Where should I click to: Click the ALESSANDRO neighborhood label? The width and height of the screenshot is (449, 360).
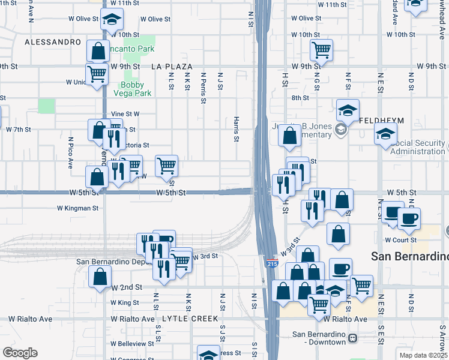(x=53, y=42)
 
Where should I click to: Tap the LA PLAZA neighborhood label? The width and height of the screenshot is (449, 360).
(x=172, y=66)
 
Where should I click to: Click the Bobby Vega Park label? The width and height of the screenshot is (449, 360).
(x=133, y=89)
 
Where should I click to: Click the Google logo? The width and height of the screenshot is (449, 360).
(x=20, y=353)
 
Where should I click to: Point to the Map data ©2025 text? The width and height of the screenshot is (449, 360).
(x=423, y=355)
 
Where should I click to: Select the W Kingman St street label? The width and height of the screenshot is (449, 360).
(x=77, y=208)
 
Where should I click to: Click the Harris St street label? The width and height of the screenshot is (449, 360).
(x=237, y=130)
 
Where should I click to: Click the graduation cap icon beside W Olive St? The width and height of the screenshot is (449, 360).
(x=111, y=20)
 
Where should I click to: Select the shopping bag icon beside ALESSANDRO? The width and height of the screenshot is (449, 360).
(x=98, y=51)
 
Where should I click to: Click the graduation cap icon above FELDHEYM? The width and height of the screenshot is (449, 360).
(x=348, y=110)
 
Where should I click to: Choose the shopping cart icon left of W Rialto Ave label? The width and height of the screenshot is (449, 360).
(x=319, y=305)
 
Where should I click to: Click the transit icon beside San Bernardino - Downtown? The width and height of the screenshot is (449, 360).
(x=352, y=338)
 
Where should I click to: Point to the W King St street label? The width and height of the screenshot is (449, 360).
(x=125, y=302)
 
